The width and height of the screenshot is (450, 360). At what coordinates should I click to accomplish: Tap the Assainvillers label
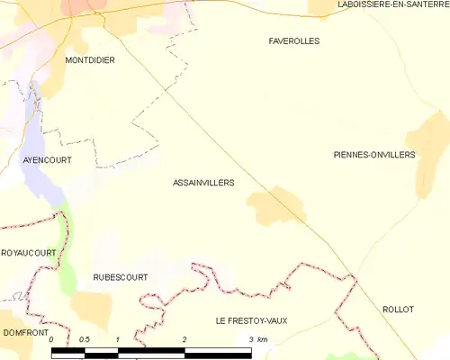click(202, 183)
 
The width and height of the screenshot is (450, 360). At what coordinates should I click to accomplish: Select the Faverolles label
click(294, 41)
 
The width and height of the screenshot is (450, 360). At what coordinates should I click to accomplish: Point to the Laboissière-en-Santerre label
click(392, 5)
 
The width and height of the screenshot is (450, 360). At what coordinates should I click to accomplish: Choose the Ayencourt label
click(46, 160)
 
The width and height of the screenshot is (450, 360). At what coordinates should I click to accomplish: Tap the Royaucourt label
click(28, 254)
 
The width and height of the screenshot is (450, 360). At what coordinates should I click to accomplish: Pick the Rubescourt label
click(120, 278)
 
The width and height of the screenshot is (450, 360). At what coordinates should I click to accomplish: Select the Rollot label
click(397, 310)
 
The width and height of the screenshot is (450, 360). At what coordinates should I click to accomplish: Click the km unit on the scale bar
click(263, 339)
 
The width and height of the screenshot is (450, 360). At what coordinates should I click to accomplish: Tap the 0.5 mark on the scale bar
click(84, 339)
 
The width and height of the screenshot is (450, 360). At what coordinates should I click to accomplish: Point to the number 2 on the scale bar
click(184, 339)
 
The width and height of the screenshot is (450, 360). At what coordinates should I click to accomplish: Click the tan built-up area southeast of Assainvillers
click(276, 206)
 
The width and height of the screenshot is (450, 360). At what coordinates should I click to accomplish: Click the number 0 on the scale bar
click(51, 339)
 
